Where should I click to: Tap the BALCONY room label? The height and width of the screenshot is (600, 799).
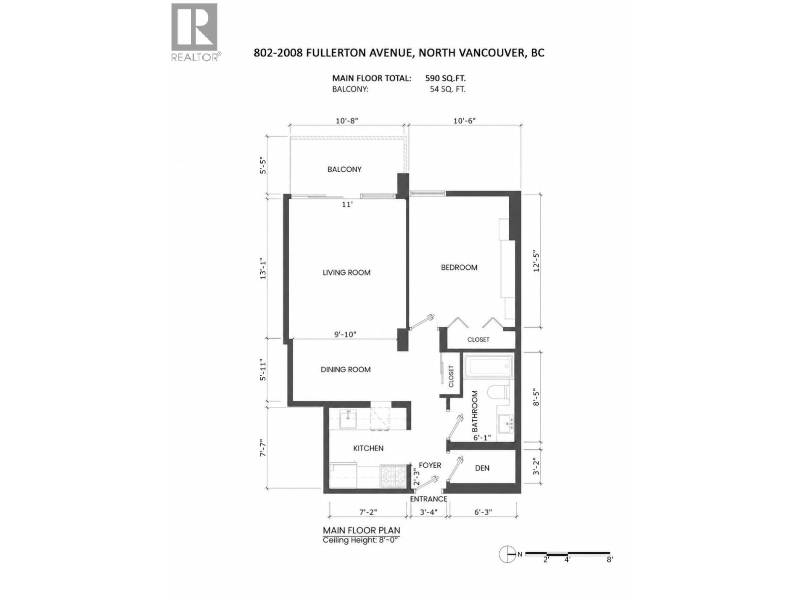[x=344, y=169]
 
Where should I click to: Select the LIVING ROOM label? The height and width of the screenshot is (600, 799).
[x=346, y=272]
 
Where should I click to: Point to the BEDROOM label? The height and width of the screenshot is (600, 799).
[x=458, y=267]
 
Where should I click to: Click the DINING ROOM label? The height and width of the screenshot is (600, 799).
[x=346, y=369]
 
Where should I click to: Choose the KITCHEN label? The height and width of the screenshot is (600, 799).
[x=368, y=448]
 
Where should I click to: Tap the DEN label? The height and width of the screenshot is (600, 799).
[x=482, y=468]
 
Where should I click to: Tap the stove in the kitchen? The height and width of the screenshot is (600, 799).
[x=394, y=476]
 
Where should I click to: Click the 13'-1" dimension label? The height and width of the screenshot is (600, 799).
[x=263, y=269]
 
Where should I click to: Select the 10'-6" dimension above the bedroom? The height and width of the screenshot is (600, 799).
[x=464, y=120]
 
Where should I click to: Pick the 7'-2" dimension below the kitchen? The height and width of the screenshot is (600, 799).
[x=368, y=512]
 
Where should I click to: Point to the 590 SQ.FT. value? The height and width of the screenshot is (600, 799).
[x=445, y=78]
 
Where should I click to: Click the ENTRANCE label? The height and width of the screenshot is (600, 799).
[x=428, y=499]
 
